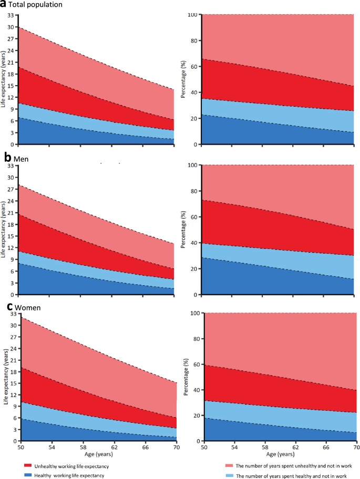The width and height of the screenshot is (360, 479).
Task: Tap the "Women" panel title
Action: pos(26,306)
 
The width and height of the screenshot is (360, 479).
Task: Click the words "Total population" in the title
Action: pos(36,5)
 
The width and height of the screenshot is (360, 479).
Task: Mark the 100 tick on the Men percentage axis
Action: pos(193,165)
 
